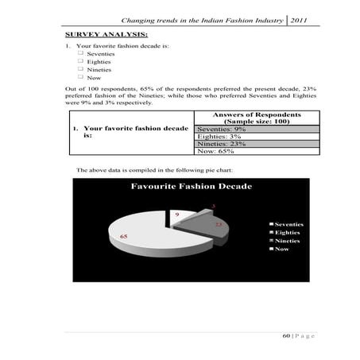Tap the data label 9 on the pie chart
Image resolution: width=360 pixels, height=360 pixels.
pyautogui.click(x=176, y=215)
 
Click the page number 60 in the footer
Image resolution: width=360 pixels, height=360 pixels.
pyautogui.click(x=286, y=337)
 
